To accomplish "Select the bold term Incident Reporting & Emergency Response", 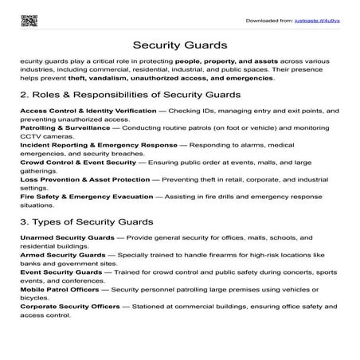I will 97,147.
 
